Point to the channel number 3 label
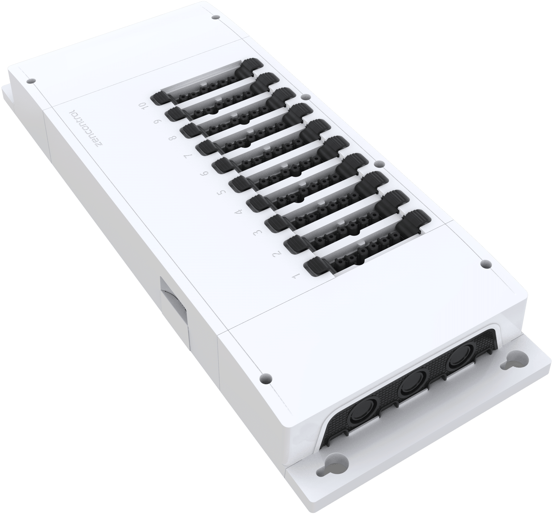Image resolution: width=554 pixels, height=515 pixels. (258, 232)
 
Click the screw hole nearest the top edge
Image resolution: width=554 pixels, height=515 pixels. (214, 18)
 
